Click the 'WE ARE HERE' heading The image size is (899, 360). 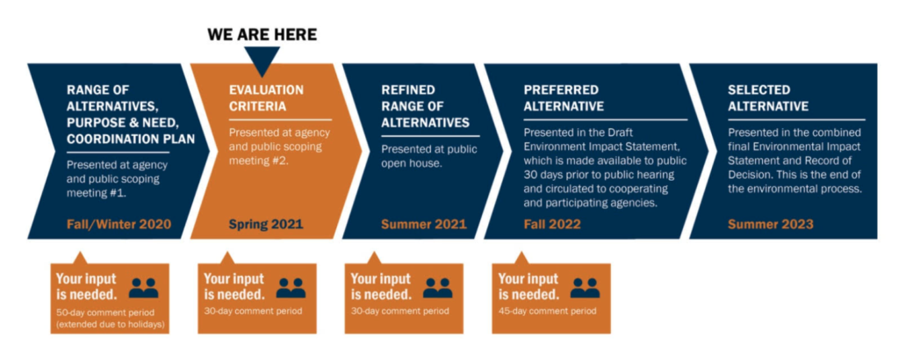tap(262, 34)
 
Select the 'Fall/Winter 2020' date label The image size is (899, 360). tap(119, 224)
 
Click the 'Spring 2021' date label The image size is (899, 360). tap(265, 224)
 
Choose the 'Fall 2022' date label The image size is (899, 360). tap(552, 224)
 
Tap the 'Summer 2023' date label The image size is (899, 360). tap(771, 224)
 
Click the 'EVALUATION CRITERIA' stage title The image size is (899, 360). tap(266, 98)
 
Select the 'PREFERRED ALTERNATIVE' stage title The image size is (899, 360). tap(564, 98)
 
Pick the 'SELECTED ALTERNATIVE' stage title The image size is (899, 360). tap(768, 98)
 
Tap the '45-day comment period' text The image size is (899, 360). tap(547, 312)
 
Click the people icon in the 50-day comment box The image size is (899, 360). tap(143, 288)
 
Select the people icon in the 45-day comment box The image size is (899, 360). tap(585, 288)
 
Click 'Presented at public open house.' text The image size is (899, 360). tap(429, 157)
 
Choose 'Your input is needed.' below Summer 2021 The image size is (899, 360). tap(381, 286)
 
